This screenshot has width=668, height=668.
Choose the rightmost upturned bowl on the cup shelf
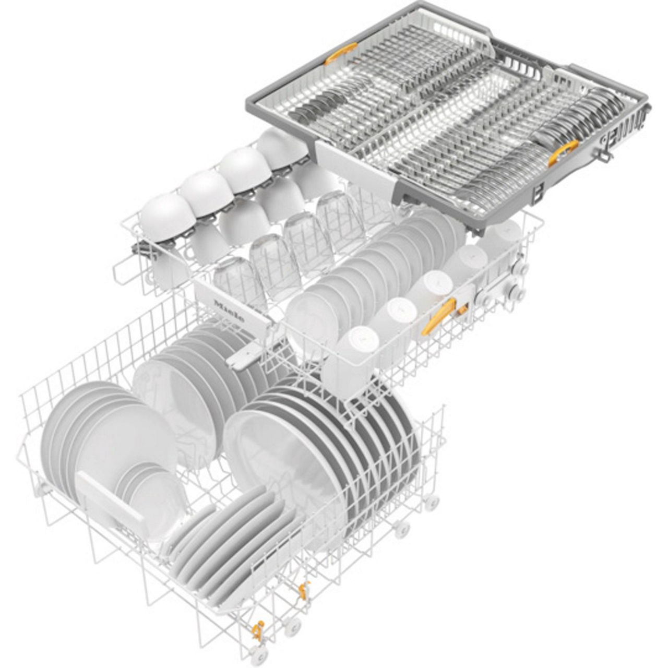coord(282,145)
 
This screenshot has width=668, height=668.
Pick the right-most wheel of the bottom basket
coord(431,503)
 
